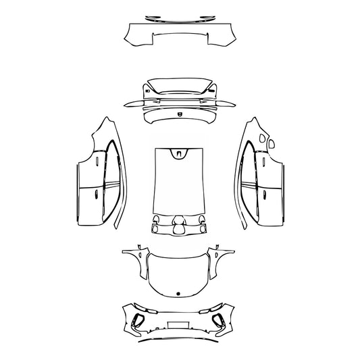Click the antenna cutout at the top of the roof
click(180, 153)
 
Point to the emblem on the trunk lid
click(179, 115)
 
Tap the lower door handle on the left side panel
click(95, 195)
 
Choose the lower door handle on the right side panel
click(265, 195)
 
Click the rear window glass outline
click(179, 86)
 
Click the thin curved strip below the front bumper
click(180, 340)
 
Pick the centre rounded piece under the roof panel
click(180, 227)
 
